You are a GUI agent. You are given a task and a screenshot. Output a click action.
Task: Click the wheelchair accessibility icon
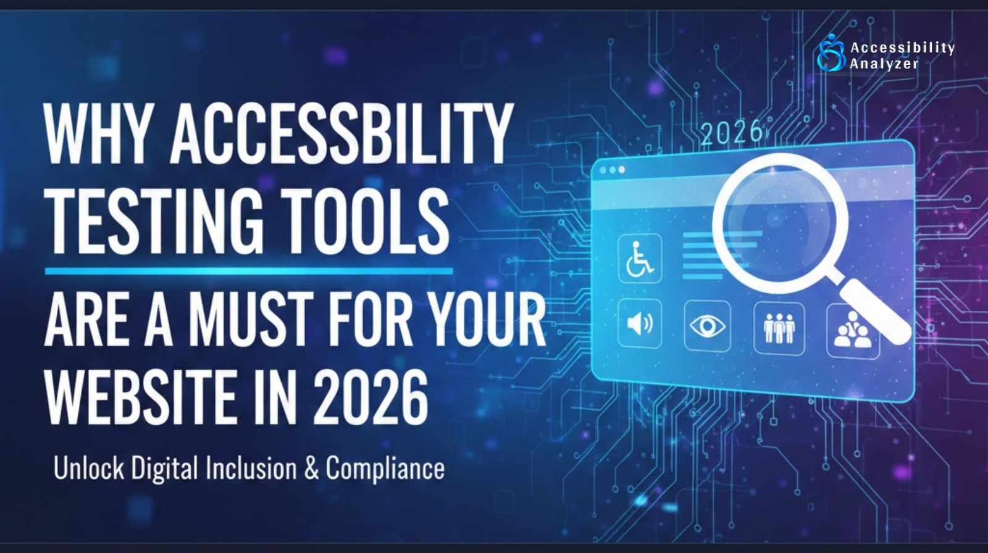point(640,259)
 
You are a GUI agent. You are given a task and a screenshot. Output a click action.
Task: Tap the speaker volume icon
point(640,323)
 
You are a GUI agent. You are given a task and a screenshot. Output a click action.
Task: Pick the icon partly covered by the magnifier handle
point(852,332)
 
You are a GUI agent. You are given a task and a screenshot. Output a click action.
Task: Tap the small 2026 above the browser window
point(732,133)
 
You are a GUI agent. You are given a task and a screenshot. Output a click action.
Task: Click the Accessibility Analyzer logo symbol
point(831,54)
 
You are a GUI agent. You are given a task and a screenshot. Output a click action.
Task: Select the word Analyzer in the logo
point(884,64)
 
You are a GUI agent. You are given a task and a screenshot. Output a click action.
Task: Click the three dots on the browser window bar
point(612,170)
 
